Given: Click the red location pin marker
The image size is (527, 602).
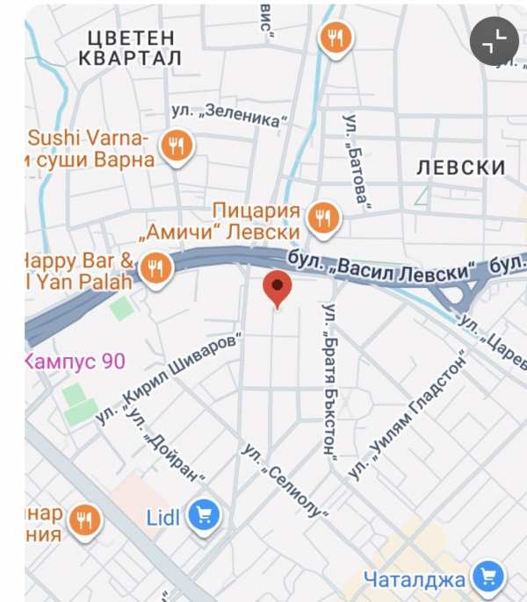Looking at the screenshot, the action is click(x=278, y=288).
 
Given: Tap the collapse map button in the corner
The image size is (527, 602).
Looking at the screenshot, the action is click(x=495, y=40).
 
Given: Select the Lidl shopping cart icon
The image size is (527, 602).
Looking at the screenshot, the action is click(x=206, y=516).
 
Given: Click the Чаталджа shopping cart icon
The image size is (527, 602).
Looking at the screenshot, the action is click(x=487, y=577).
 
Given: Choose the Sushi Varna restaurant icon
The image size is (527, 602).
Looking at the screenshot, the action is click(x=177, y=147).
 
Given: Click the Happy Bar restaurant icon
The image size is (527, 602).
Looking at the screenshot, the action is click(x=156, y=269).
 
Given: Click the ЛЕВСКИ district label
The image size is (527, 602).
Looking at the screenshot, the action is click(x=461, y=167).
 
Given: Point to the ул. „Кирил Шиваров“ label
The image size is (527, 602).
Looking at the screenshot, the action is click(x=168, y=383).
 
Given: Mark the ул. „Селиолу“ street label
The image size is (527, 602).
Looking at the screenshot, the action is click(x=286, y=479).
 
